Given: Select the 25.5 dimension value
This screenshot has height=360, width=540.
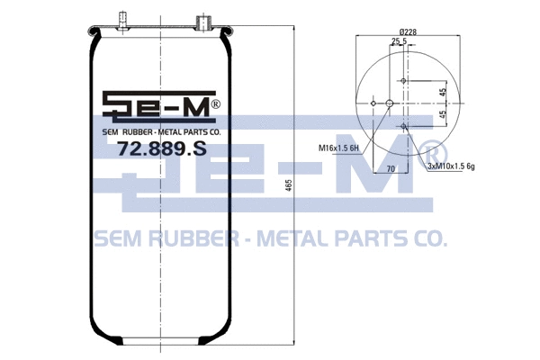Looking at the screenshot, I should tap(398, 41).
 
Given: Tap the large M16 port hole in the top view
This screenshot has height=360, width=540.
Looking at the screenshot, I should tap(389, 103).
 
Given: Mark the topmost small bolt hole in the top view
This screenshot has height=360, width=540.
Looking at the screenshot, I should tap(404, 82).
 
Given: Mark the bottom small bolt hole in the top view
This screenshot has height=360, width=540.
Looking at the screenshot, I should tap(404, 126).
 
